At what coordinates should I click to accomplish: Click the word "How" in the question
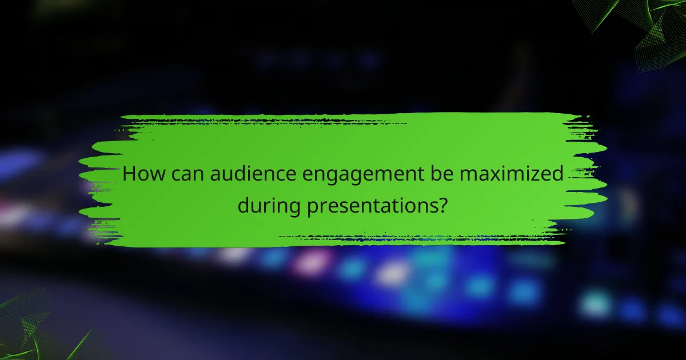143,174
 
